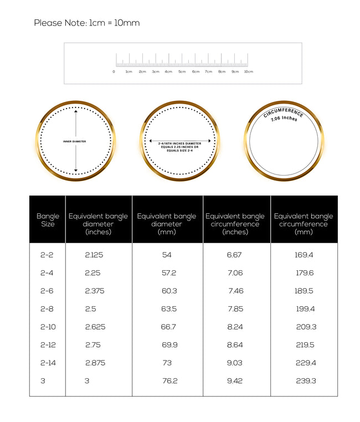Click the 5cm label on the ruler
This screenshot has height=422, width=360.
point(182,71)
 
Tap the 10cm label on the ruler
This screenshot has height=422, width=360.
point(249,71)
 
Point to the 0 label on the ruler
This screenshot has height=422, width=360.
point(114,71)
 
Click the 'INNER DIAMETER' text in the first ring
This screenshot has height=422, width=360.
point(75,141)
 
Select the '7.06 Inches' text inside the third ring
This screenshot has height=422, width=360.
point(284,119)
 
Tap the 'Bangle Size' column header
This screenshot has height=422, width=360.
point(48,220)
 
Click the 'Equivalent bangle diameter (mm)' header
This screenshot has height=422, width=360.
point(167,220)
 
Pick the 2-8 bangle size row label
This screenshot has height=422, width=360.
point(47,308)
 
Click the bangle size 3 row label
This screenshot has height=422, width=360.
point(43,380)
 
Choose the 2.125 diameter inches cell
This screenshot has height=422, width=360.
point(94,255)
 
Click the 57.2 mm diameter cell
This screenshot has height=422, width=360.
point(169,273)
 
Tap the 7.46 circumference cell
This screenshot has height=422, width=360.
point(235,291)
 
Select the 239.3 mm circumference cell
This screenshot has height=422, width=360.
point(306,380)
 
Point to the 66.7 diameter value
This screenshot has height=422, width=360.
point(168,327)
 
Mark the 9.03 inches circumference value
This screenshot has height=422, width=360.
point(235,363)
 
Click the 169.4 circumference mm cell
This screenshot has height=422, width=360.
point(305,255)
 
